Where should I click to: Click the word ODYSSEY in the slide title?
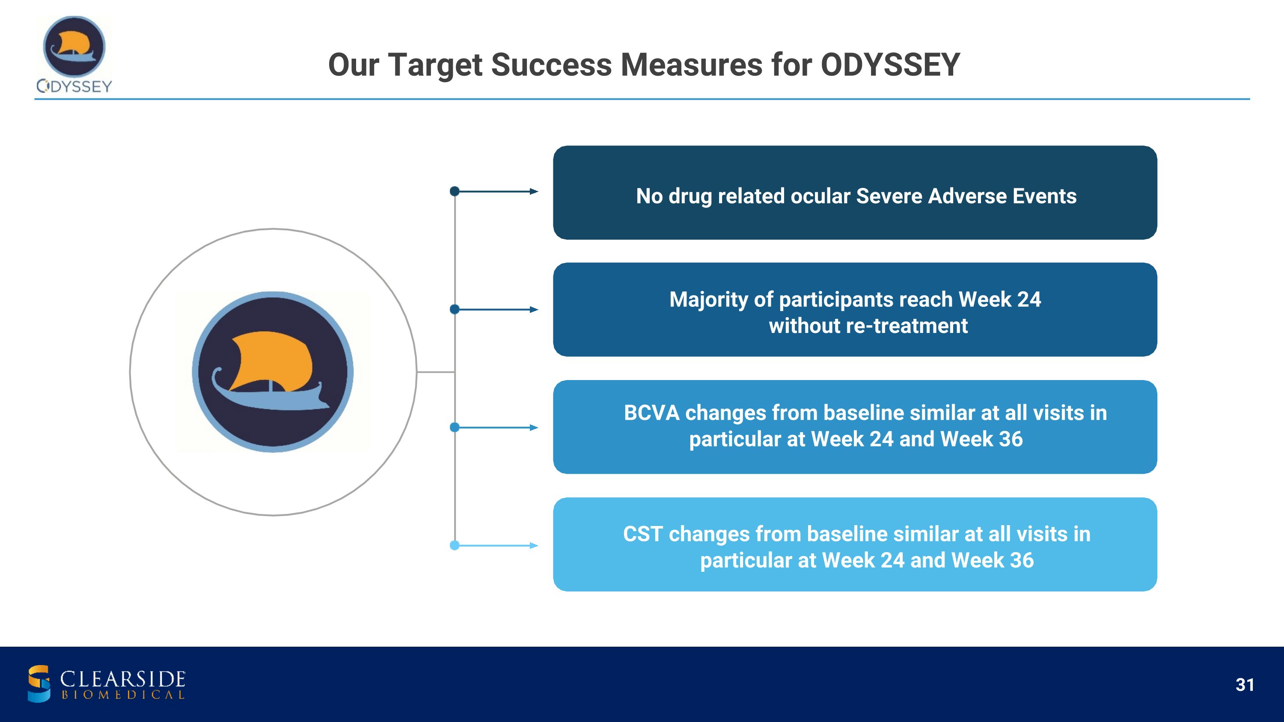(890, 65)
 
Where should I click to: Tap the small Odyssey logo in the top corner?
(74, 54)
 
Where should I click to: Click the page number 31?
(1245, 685)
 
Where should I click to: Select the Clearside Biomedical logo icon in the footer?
(39, 683)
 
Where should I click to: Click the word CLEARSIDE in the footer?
(122, 679)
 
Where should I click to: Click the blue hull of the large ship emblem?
(272, 396)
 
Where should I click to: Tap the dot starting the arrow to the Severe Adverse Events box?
(455, 191)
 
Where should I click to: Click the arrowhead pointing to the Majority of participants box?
(534, 309)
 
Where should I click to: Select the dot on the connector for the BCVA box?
(455, 428)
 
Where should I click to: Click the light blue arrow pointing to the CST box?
(496, 546)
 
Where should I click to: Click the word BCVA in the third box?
(651, 413)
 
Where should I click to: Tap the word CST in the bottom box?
(642, 534)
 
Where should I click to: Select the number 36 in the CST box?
(1022, 561)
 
